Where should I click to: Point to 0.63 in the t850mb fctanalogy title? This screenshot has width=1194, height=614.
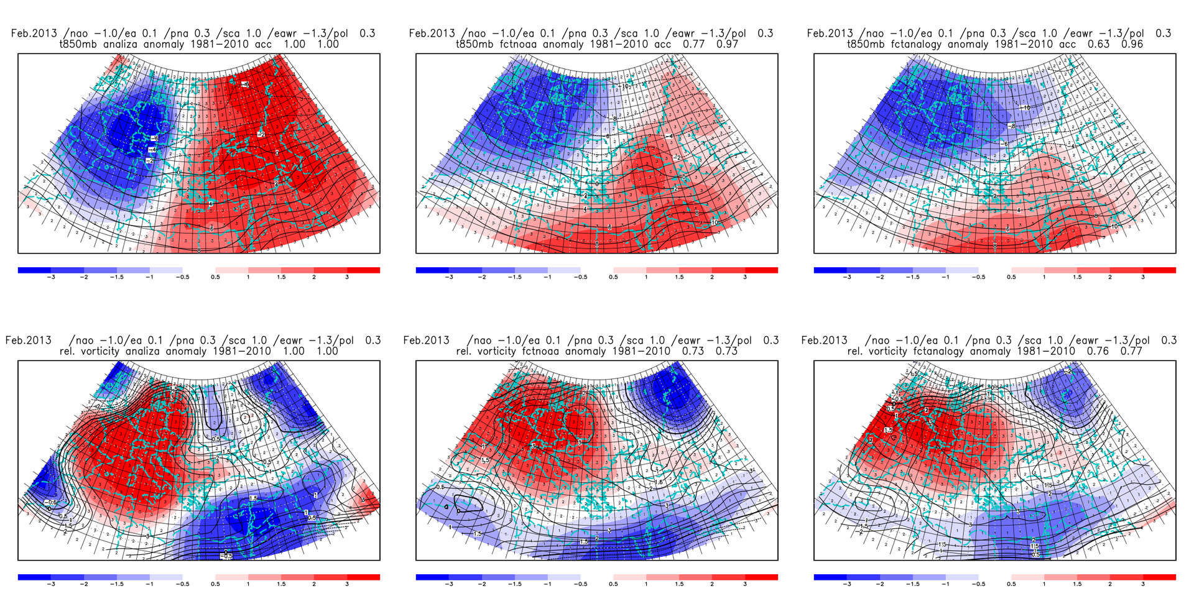click(x=1098, y=44)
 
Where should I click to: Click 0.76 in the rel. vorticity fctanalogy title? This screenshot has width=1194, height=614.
click(x=1098, y=351)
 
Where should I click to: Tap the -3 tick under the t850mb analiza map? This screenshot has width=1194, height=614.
click(x=51, y=277)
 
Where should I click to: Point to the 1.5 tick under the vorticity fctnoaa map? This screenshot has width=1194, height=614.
click(x=679, y=584)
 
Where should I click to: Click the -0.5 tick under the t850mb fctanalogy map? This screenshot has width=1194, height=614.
click(x=978, y=277)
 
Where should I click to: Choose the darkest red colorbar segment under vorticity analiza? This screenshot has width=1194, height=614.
click(x=363, y=577)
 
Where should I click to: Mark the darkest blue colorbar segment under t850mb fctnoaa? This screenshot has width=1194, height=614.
click(x=432, y=270)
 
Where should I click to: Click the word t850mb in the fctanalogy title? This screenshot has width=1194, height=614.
click(x=868, y=44)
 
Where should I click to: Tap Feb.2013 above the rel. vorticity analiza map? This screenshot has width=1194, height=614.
click(x=29, y=341)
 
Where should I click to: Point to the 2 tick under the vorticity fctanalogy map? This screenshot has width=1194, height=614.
click(x=1110, y=584)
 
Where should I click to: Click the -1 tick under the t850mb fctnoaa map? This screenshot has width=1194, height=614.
click(x=547, y=277)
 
